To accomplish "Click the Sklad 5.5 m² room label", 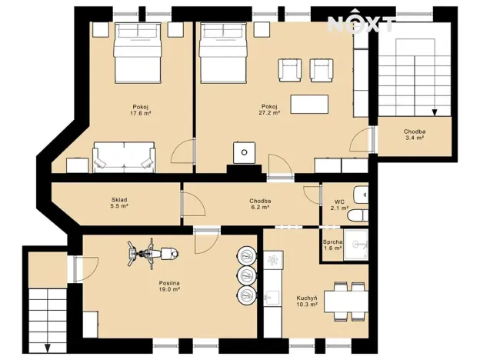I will click(x=118, y=203).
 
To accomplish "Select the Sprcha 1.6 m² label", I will click(x=332, y=245).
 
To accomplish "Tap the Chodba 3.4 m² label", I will click(x=415, y=135).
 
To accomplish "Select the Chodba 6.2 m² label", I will click(x=259, y=204).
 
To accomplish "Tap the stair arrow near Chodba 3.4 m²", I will click(x=434, y=113).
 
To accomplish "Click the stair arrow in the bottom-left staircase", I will click(x=48, y=346).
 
